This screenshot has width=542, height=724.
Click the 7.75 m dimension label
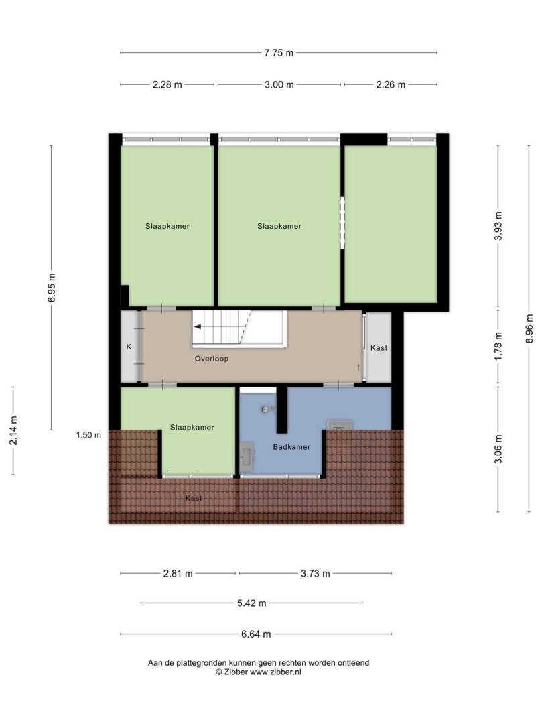(x=279, y=53)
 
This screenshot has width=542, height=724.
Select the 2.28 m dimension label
(x=167, y=85)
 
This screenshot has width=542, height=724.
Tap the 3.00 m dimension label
(x=279, y=85)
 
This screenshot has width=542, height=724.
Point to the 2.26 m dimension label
(x=390, y=85)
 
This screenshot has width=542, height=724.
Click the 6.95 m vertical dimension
(x=52, y=288)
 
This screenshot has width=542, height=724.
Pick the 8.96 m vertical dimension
(x=529, y=328)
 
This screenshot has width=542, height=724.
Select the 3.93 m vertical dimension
(x=498, y=226)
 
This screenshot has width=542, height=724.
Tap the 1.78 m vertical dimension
(x=498, y=347)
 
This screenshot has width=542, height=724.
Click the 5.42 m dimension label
(x=251, y=603)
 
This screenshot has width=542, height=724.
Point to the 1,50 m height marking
(x=88, y=435)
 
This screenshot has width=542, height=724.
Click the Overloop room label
(x=211, y=358)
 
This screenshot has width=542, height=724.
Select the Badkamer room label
(x=291, y=447)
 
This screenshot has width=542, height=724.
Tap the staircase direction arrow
(x=198, y=327)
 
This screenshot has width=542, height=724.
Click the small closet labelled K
(x=129, y=347)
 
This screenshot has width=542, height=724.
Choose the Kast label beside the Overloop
(x=379, y=348)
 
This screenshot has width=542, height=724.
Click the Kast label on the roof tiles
(x=193, y=498)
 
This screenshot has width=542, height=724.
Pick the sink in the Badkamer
(x=247, y=457)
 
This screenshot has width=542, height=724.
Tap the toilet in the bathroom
(x=340, y=426)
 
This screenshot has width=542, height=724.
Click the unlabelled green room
(x=391, y=225)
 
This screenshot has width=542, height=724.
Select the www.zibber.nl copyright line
(x=259, y=672)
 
